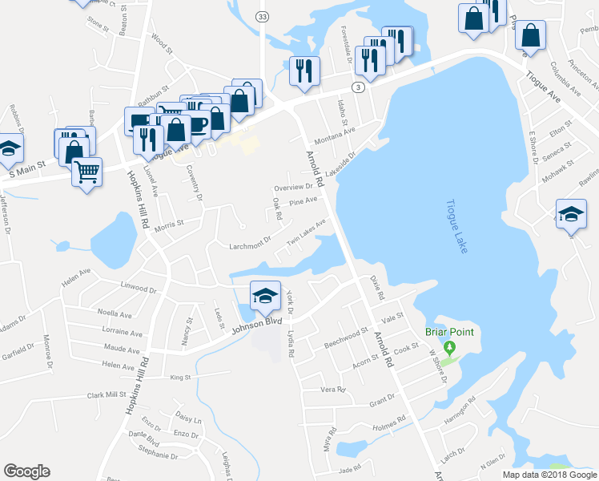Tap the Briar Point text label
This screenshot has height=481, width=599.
(x=449, y=332)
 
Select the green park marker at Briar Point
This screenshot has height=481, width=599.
(x=449, y=348)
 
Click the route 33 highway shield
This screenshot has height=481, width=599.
(x=262, y=16)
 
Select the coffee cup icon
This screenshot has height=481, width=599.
(x=197, y=123)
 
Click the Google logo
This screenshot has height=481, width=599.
(x=26, y=471)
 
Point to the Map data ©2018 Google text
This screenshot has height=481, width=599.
(x=549, y=475)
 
